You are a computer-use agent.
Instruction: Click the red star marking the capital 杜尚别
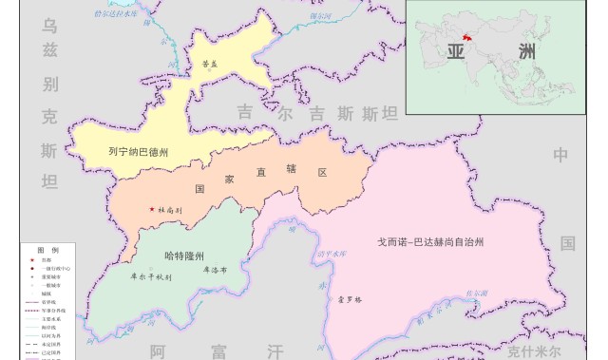[x=151, y=209]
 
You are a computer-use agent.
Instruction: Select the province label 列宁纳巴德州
[x=139, y=151]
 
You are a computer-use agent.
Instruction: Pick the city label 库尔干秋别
[x=150, y=277]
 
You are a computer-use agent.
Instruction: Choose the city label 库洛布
[x=214, y=270]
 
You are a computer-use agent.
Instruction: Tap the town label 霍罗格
[x=351, y=299]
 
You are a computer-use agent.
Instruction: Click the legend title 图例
[x=48, y=248]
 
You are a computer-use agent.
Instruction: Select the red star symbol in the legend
[x=32, y=258]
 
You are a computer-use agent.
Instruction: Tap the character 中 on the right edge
[x=560, y=155]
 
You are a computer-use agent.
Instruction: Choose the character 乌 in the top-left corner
[x=49, y=27]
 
